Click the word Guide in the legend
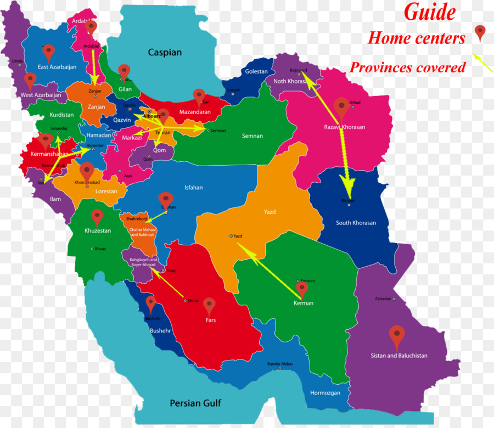coord(430,12)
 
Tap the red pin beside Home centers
coord(480,32)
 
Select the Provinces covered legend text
coord(407,67)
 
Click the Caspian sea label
coord(165,53)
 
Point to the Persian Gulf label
coord(195,403)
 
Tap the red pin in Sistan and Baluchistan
coord(396,334)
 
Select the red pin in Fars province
coord(209,305)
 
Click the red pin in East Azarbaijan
coord(49,52)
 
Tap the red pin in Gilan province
coord(125,71)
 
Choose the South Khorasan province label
coord(356,223)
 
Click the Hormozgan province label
coord(325,393)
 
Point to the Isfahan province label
coord(193,188)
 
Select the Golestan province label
coord(256,71)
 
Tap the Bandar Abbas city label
coord(280,364)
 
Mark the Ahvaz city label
coord(100,249)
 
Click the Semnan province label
coord(252,136)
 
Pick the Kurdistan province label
coord(61,115)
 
